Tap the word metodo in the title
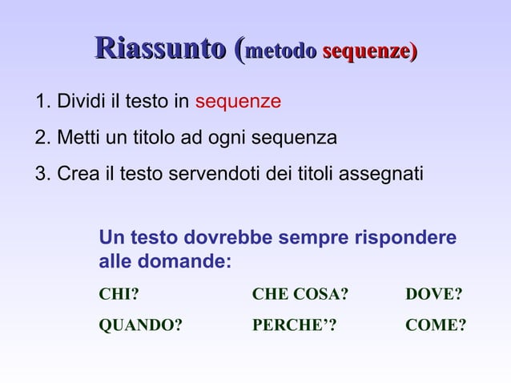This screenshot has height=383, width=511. pos(281,52)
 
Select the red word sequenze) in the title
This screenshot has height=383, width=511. pos(369,52)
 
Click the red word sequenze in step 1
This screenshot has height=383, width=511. pos(238,103)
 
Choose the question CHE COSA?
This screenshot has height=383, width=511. pos(300,294)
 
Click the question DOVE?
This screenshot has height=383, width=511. pos(434,294)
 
